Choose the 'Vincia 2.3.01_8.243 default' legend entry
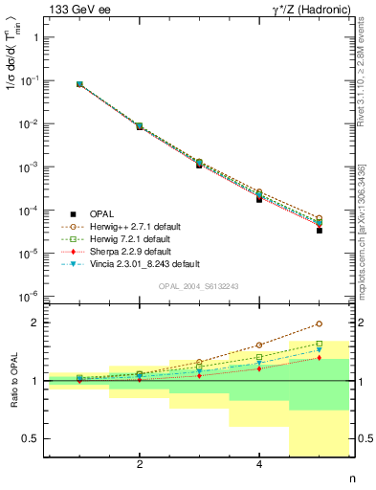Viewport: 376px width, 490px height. (x=145, y=263)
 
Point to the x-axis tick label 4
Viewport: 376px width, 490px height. (x=259, y=465)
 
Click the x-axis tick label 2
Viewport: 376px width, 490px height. (x=140, y=465)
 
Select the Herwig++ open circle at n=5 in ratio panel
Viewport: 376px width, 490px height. (x=319, y=323)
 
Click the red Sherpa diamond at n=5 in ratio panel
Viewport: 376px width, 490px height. (x=319, y=358)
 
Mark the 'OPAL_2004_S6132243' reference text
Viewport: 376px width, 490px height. (x=196, y=286)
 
